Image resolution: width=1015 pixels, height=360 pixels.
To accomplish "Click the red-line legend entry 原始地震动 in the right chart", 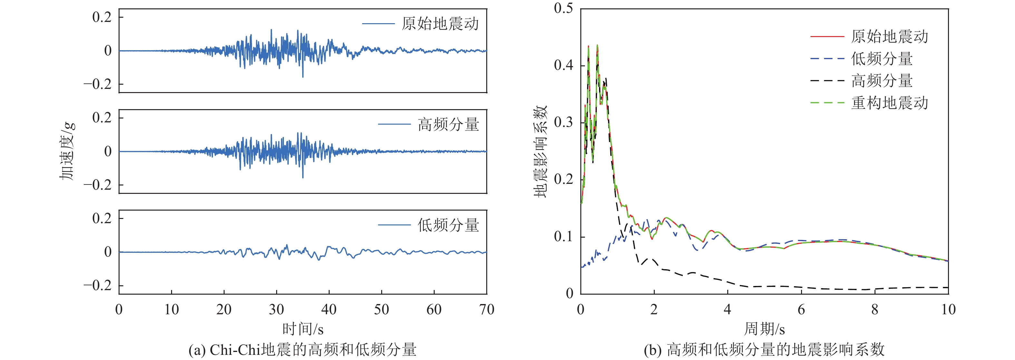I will point(889,37).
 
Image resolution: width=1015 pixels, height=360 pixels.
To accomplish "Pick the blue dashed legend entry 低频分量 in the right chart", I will point(881,59).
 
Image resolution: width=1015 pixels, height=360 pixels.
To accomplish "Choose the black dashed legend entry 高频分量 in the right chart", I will point(881,81).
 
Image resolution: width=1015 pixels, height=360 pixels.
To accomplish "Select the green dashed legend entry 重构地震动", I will point(889,103).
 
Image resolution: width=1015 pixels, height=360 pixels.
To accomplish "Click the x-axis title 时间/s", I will point(303,329).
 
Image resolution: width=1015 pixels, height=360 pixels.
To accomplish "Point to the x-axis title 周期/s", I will point(764,329).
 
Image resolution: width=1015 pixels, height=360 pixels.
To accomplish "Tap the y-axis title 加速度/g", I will point(67,151).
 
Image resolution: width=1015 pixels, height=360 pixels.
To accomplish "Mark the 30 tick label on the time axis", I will point(276,309).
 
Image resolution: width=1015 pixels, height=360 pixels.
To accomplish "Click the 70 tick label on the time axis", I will point(487,309).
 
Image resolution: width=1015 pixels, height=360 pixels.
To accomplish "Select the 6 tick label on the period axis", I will point(801,309).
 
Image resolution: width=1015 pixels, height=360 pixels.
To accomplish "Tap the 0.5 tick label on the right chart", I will point(564,8).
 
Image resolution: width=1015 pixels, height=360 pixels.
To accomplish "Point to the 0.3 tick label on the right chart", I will point(564,122).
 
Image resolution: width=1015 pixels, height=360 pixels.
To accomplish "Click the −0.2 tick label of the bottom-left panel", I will point(97,286).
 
